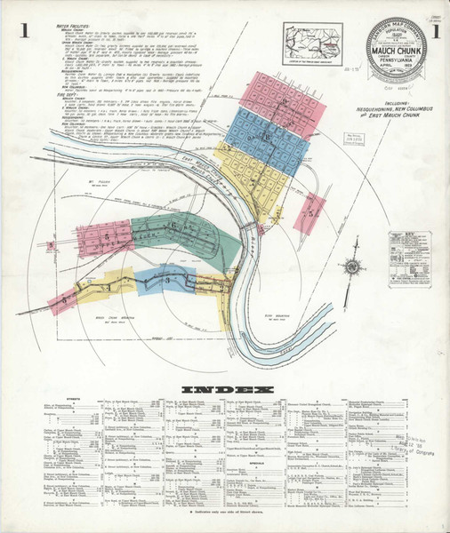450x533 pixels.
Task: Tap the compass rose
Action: coord(354,265)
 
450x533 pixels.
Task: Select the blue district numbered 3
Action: coord(169,282)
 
